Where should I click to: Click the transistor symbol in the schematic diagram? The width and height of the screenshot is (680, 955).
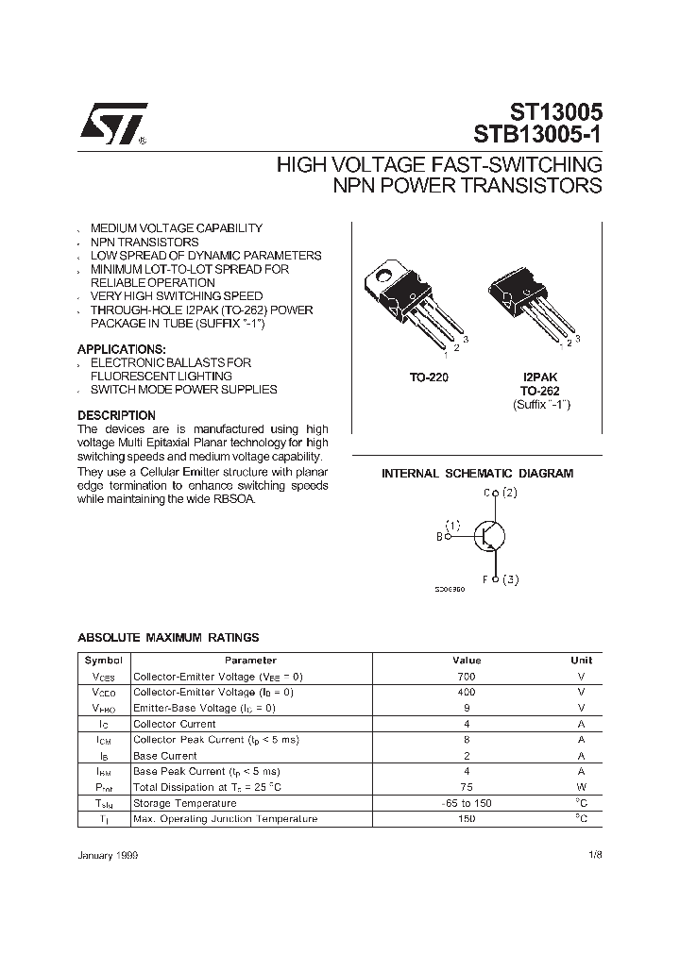click(487, 536)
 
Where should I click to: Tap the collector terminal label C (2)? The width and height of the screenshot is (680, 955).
click(501, 493)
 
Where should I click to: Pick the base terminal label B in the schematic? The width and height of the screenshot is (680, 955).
click(439, 536)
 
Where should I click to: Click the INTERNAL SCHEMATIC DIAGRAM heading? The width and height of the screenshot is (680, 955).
click(477, 474)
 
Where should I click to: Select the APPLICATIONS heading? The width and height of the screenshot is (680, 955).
click(121, 349)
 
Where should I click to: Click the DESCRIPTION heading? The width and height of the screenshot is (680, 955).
click(116, 415)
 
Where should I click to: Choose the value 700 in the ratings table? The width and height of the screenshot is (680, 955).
click(467, 677)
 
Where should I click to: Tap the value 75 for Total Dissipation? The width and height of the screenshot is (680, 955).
click(467, 787)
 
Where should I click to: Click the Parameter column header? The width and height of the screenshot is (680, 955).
click(250, 661)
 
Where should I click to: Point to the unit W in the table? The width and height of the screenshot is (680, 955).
click(582, 787)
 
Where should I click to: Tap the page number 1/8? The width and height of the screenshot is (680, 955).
click(593, 853)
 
